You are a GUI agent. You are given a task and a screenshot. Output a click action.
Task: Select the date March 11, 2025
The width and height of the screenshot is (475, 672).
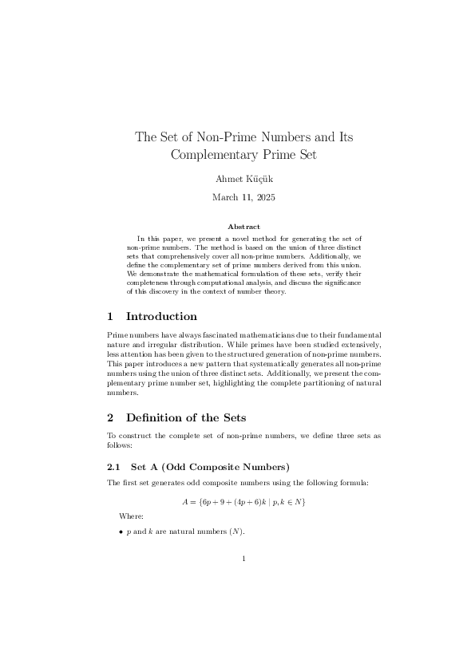tap(243, 196)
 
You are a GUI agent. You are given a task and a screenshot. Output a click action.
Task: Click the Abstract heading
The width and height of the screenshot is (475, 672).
tap(243, 227)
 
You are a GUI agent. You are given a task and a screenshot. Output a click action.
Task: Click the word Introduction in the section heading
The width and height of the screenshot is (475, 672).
tap(161, 317)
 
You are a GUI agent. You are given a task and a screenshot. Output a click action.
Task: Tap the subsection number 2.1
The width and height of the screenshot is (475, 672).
tap(113, 467)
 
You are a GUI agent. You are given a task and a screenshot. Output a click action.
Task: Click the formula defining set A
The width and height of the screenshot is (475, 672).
tap(243, 501)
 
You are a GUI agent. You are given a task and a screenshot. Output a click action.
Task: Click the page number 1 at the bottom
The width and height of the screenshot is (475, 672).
tap(243, 559)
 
